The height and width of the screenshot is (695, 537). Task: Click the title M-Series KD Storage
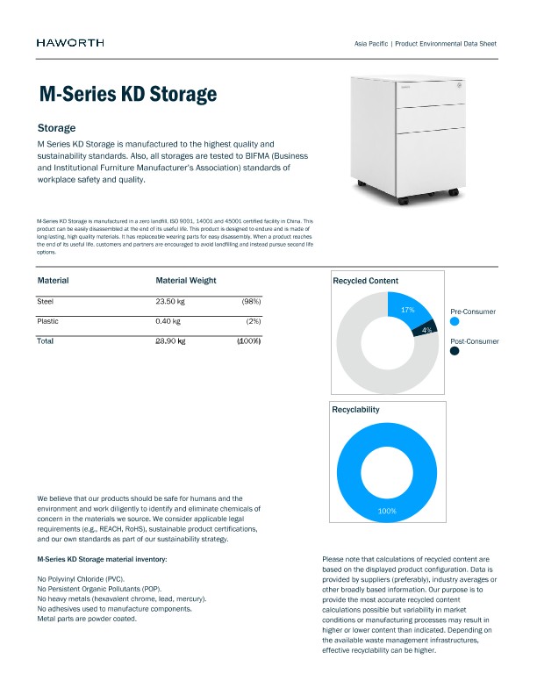[127, 94]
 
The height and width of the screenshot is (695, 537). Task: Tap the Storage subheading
[56, 128]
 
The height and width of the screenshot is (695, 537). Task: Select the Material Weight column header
[185, 281]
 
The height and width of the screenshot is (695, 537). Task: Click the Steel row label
[46, 301]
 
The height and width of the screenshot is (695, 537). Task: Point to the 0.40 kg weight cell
[168, 321]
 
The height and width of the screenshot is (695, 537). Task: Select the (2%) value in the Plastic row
[253, 321]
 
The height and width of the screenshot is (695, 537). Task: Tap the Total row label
[46, 340]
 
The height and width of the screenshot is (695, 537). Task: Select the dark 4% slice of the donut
[426, 329]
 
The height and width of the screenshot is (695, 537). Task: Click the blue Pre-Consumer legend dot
[455, 322]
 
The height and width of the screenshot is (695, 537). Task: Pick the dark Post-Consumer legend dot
[455, 351]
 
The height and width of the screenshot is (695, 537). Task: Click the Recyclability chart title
[355, 410]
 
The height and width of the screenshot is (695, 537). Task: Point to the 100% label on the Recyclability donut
[387, 511]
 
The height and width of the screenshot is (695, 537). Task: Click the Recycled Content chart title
[365, 281]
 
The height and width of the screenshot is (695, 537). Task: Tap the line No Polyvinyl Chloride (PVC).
[80, 580]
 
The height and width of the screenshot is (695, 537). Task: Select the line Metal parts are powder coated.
[86, 620]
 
